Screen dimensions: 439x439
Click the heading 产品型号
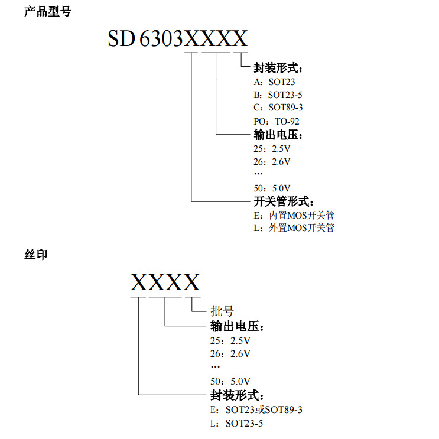click(x=47, y=11)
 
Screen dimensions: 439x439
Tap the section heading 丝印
click(x=35, y=255)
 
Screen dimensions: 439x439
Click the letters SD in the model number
click(x=121, y=39)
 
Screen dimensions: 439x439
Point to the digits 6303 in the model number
click(x=162, y=39)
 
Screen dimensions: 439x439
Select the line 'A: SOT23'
click(x=274, y=82)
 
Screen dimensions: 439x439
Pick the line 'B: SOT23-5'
click(x=278, y=95)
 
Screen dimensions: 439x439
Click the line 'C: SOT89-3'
click(x=278, y=108)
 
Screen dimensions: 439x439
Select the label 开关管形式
click(x=283, y=202)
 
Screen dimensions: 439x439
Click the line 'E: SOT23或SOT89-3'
click(x=256, y=409)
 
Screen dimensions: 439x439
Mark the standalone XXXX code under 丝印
click(x=165, y=282)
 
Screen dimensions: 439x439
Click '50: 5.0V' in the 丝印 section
click(x=230, y=381)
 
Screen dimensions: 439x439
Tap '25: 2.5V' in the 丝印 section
click(x=230, y=341)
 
